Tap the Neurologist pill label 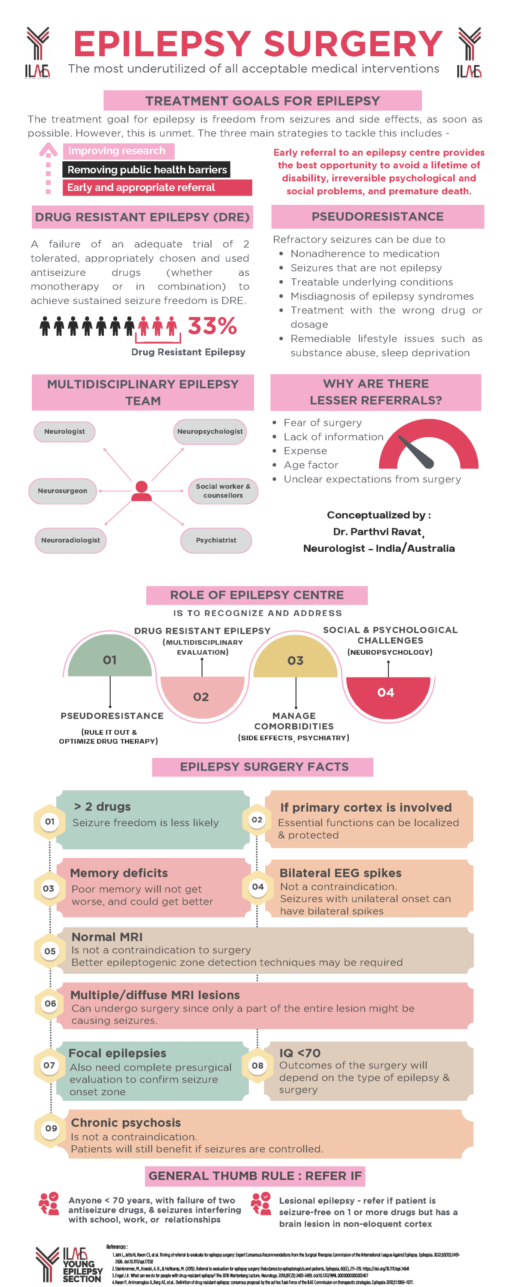pyautogui.click(x=64, y=432)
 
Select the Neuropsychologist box pyautogui.click(x=210, y=432)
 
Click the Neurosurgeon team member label pyautogui.click(x=63, y=491)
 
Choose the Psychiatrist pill pyautogui.click(x=216, y=541)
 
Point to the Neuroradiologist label pyautogui.click(x=70, y=541)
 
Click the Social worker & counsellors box pyautogui.click(x=223, y=491)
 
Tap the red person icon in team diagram pyautogui.click(x=142, y=491)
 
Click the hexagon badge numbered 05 pyautogui.click(x=50, y=951)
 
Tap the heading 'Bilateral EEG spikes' pyautogui.click(x=340, y=873)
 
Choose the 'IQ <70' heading pyautogui.click(x=300, y=1053)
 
